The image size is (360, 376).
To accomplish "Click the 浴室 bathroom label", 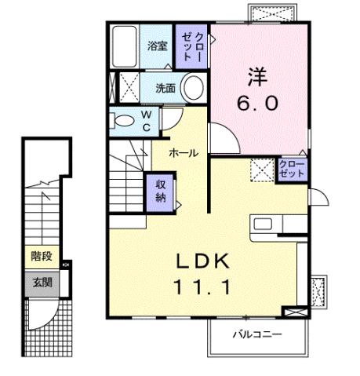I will coord(158,46).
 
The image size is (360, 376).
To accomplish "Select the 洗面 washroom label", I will coord(163,88).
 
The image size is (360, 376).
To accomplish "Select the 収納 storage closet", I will coord(160,190).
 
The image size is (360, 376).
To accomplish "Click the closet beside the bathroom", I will coord(192,46).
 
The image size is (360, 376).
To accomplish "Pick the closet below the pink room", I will coord(293,169).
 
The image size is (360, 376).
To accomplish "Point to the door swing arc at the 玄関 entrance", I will coord(49,318).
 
